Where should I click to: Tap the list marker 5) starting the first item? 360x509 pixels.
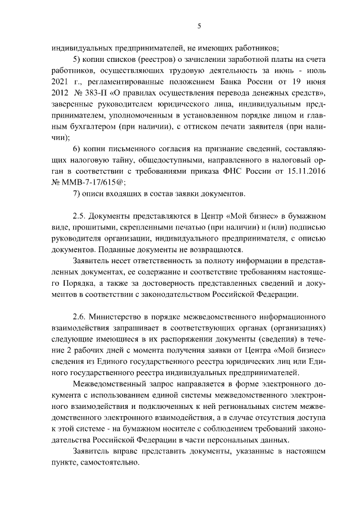(x=77, y=59)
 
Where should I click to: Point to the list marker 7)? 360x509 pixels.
(x=77, y=194)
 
